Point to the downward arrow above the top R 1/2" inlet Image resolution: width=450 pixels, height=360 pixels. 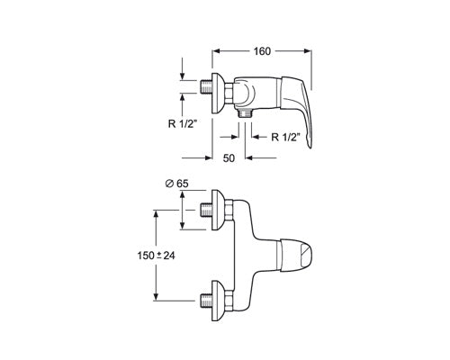pyautogui.click(x=183, y=74)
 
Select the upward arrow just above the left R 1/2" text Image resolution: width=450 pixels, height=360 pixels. pyautogui.click(x=183, y=103)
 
